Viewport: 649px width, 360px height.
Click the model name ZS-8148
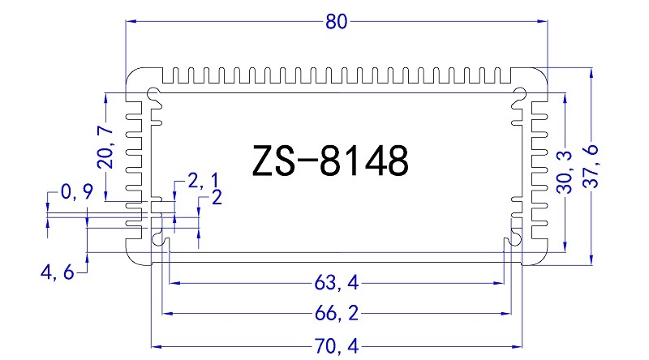329,161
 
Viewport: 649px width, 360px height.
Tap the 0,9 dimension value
76,192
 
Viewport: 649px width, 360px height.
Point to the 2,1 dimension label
202,180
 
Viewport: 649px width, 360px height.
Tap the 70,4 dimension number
336,345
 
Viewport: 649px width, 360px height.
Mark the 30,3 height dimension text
565,171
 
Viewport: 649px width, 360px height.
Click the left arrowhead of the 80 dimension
130,23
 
